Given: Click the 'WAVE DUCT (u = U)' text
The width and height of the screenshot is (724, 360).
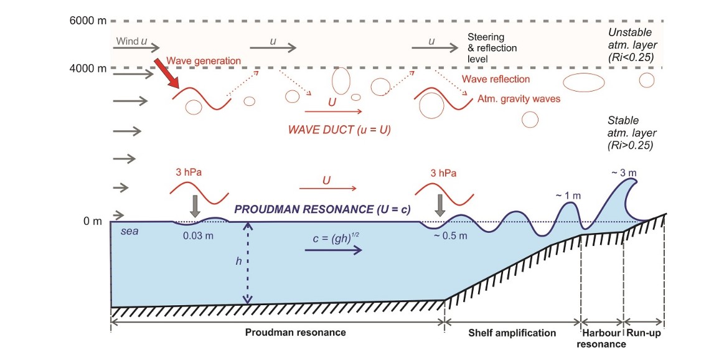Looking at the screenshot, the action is tap(339, 131).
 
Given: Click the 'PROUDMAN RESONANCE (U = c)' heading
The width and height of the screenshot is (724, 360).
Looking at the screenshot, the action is tap(322, 209).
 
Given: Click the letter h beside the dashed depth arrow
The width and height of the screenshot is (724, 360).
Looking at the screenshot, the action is tap(238, 261).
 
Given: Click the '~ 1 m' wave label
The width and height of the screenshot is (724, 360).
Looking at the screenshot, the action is tap(567, 196).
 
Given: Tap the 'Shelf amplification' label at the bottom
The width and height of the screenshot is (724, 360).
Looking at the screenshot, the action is tap(512, 332).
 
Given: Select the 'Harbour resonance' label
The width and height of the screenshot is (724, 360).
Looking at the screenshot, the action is tap(603, 338).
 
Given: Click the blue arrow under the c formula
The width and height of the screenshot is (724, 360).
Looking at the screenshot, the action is tap(334, 250).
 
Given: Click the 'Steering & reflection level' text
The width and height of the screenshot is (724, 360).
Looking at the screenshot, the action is tap(492, 47).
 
